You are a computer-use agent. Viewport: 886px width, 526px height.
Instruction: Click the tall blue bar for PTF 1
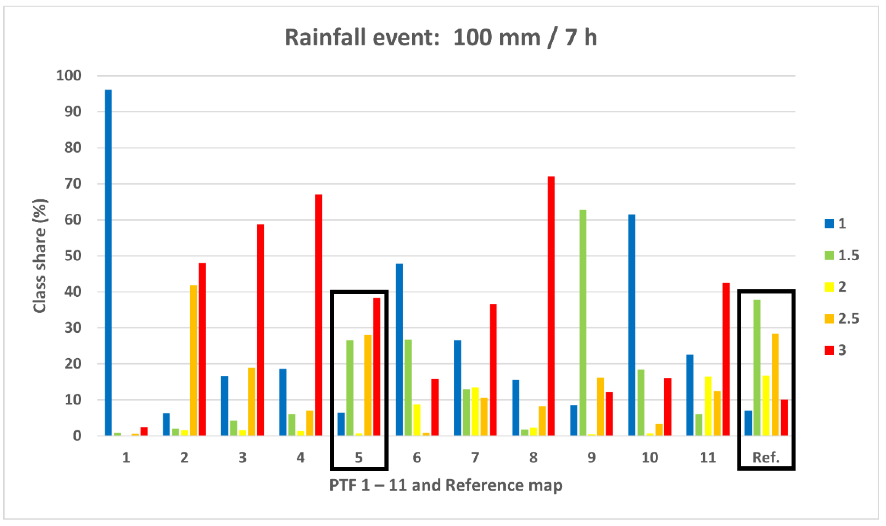[108, 262]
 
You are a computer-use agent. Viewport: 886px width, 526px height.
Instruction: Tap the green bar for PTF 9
[583, 323]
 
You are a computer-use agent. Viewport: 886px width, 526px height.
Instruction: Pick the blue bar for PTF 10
[632, 325]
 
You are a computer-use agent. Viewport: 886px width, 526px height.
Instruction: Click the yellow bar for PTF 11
[708, 406]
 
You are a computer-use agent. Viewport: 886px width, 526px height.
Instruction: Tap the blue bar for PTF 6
[399, 349]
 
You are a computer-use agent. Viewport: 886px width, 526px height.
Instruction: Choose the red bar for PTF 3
[260, 330]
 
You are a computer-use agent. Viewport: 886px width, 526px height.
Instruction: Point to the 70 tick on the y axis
[73, 184]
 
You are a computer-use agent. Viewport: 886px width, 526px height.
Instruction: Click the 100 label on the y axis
[69, 75]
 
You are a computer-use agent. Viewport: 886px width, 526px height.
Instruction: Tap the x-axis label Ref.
[766, 458]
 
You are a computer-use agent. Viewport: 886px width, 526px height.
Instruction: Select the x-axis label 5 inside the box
[359, 458]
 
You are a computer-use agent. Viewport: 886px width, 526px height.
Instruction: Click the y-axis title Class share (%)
[40, 256]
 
